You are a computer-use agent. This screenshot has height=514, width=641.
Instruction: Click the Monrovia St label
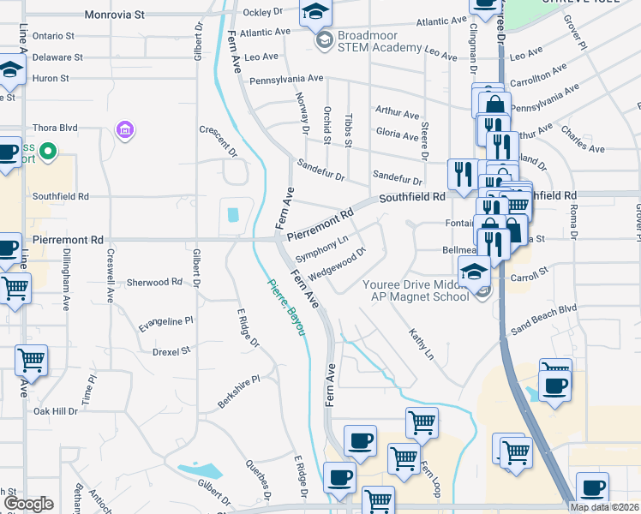[115, 15]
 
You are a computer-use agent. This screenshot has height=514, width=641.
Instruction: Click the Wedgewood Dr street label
[337, 263]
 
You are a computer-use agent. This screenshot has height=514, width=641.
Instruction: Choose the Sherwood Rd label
[154, 282]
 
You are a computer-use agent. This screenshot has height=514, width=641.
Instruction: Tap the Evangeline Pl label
[166, 321]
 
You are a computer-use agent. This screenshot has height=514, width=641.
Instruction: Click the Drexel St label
[171, 351]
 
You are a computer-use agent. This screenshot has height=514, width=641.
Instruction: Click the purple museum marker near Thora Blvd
[125, 130]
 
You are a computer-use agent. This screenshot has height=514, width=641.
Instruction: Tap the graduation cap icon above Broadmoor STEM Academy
[315, 12]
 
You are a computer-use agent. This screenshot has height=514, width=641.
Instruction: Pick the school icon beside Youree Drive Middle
[474, 272]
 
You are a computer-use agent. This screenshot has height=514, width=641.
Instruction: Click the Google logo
[27, 505]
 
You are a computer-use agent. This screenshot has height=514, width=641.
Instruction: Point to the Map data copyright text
[604, 507]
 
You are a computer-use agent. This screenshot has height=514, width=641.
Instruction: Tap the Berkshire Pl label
[238, 391]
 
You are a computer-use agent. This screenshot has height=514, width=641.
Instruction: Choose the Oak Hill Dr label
[55, 411]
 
